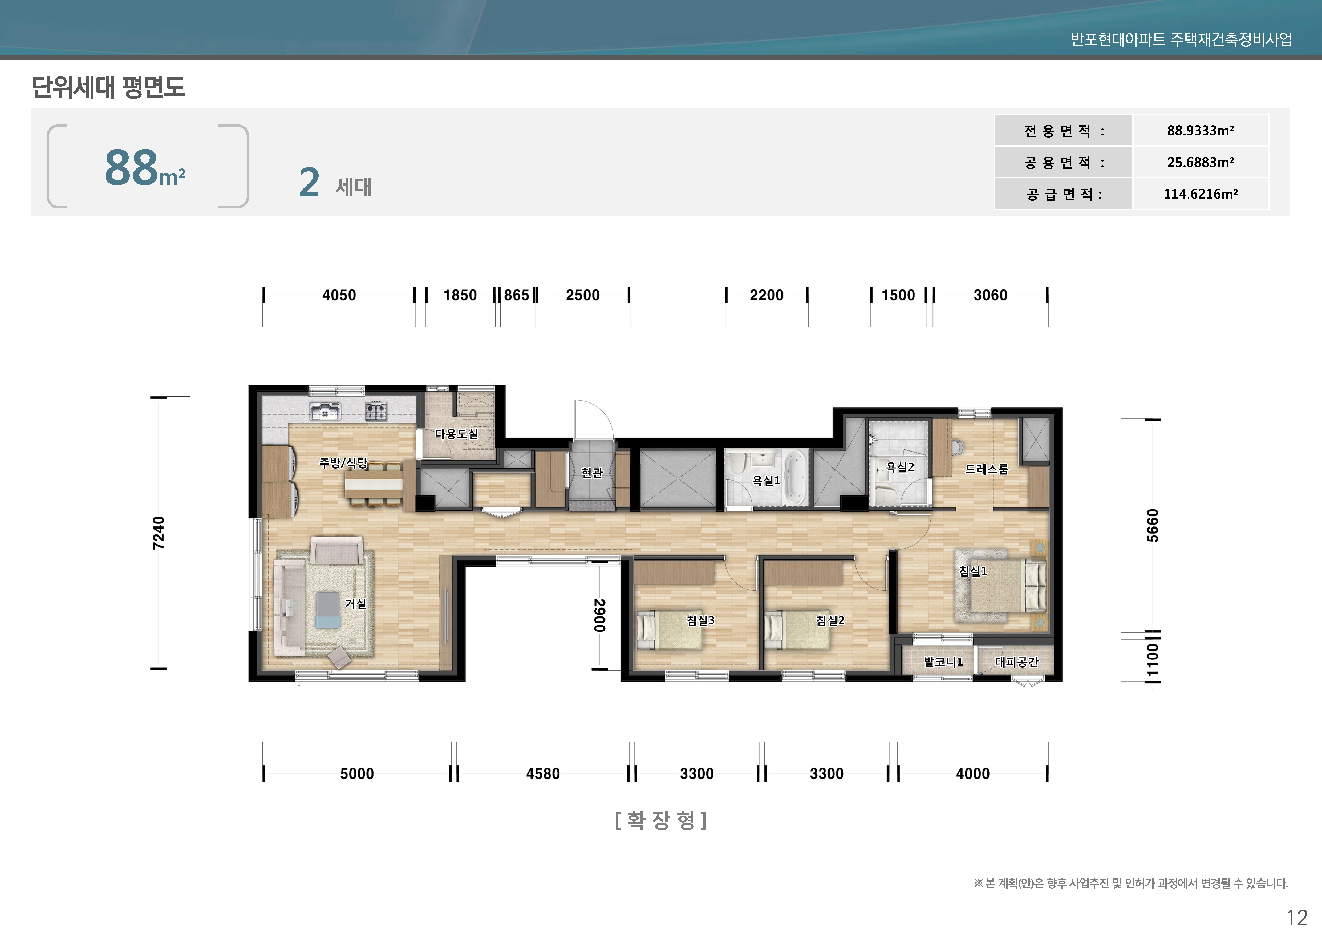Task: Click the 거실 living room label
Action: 355,604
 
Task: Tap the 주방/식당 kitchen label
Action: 343,463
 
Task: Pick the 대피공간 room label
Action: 1016,662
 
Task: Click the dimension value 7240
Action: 158,533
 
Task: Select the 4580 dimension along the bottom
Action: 542,774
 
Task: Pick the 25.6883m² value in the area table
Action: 1201,163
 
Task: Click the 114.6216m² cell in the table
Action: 1201,194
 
